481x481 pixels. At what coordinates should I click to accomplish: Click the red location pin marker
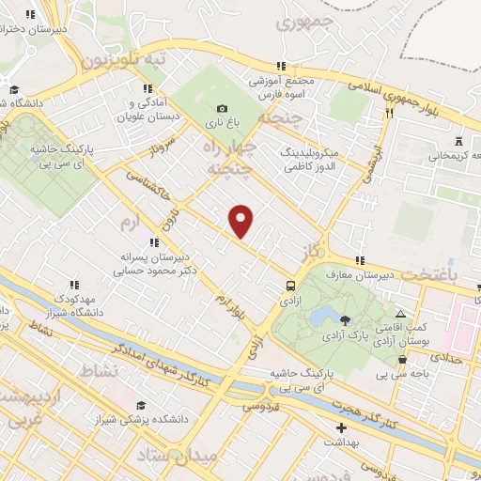coord(242,221)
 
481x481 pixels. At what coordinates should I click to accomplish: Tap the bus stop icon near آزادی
coord(290,286)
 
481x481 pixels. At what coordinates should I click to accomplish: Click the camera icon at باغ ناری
coord(222,108)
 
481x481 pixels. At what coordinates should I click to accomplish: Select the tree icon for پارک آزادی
coord(345,320)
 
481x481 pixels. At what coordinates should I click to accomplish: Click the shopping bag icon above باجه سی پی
coord(403,358)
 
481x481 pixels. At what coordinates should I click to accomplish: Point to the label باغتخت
coord(441,273)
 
